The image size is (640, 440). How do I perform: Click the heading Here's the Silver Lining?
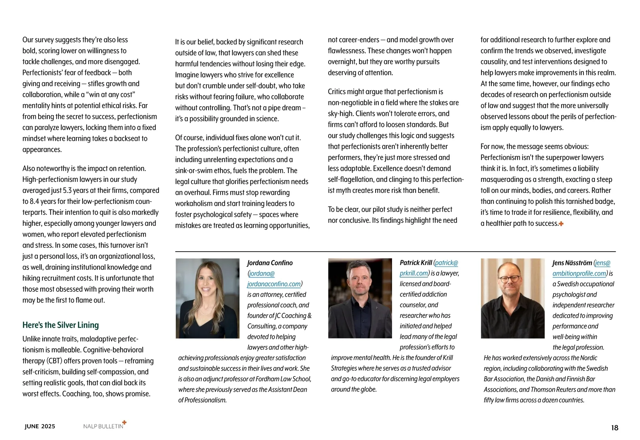(61, 325)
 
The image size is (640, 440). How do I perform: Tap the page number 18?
(615, 428)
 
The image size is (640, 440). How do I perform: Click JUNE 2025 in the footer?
(40, 426)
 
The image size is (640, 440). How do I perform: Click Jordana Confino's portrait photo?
(208, 298)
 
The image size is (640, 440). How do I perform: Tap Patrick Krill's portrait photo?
(360, 298)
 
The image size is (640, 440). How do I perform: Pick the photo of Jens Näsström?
(513, 298)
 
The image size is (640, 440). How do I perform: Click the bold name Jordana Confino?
(270, 263)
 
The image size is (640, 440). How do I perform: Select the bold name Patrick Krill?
(416, 263)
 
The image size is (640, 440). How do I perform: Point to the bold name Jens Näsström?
(572, 263)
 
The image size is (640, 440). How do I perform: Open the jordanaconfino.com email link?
(274, 284)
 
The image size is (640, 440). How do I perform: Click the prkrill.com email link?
(414, 273)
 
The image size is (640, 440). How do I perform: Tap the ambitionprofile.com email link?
(579, 274)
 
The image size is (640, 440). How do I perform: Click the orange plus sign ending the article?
(561, 224)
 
